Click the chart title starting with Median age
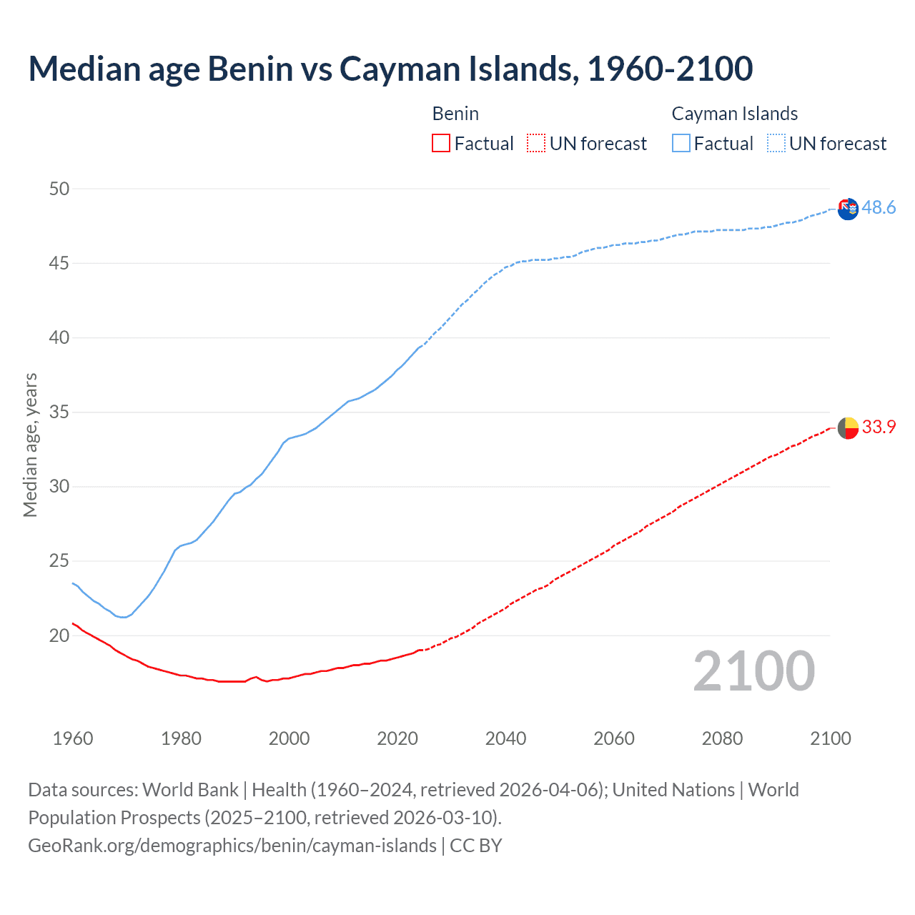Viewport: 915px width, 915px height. pyautogui.click(x=390, y=69)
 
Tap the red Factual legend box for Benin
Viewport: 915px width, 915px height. pyautogui.click(x=441, y=144)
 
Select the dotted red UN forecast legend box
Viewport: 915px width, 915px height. pyautogui.click(x=536, y=144)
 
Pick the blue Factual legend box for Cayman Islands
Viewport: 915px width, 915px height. pyautogui.click(x=681, y=144)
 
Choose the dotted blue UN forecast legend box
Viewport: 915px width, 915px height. pyautogui.click(x=776, y=144)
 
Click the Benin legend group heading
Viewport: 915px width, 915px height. pyautogui.click(x=455, y=114)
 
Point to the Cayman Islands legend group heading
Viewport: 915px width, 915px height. pyautogui.click(x=734, y=114)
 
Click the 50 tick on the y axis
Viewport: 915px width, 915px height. pyautogui.click(x=59, y=189)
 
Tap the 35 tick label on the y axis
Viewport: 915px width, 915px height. pyautogui.click(x=59, y=412)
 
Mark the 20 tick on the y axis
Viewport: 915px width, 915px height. pyautogui.click(x=59, y=635)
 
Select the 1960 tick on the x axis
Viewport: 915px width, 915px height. pyautogui.click(x=73, y=738)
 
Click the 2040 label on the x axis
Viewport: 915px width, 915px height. pyautogui.click(x=505, y=738)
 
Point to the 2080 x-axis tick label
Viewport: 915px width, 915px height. pyautogui.click(x=722, y=738)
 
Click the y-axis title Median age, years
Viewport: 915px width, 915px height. pyautogui.click(x=30, y=445)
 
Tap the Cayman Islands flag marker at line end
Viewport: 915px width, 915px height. pyautogui.click(x=848, y=209)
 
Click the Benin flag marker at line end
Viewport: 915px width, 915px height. pyautogui.click(x=848, y=427)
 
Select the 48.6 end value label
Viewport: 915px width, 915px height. pyautogui.click(x=879, y=207)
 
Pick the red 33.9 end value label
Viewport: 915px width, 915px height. pyautogui.click(x=879, y=427)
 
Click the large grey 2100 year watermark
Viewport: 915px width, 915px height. pyautogui.click(x=754, y=671)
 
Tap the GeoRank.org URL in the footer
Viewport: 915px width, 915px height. pyautogui.click(x=232, y=846)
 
